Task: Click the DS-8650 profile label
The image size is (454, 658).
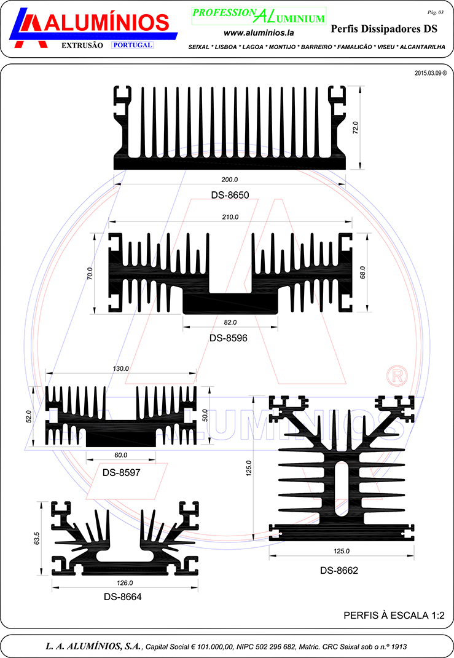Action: (230, 195)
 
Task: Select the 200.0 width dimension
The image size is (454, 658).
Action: (230, 180)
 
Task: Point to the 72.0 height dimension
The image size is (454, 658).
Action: (356, 127)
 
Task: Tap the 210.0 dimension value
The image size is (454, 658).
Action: (230, 217)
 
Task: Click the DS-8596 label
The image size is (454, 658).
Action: (229, 338)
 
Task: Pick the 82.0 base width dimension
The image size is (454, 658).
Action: (230, 322)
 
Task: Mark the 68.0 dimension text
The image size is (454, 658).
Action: (362, 272)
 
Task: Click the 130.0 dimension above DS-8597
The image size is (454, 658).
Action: (121, 368)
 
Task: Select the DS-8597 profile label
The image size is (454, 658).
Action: (122, 472)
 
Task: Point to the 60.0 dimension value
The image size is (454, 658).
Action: (121, 455)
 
